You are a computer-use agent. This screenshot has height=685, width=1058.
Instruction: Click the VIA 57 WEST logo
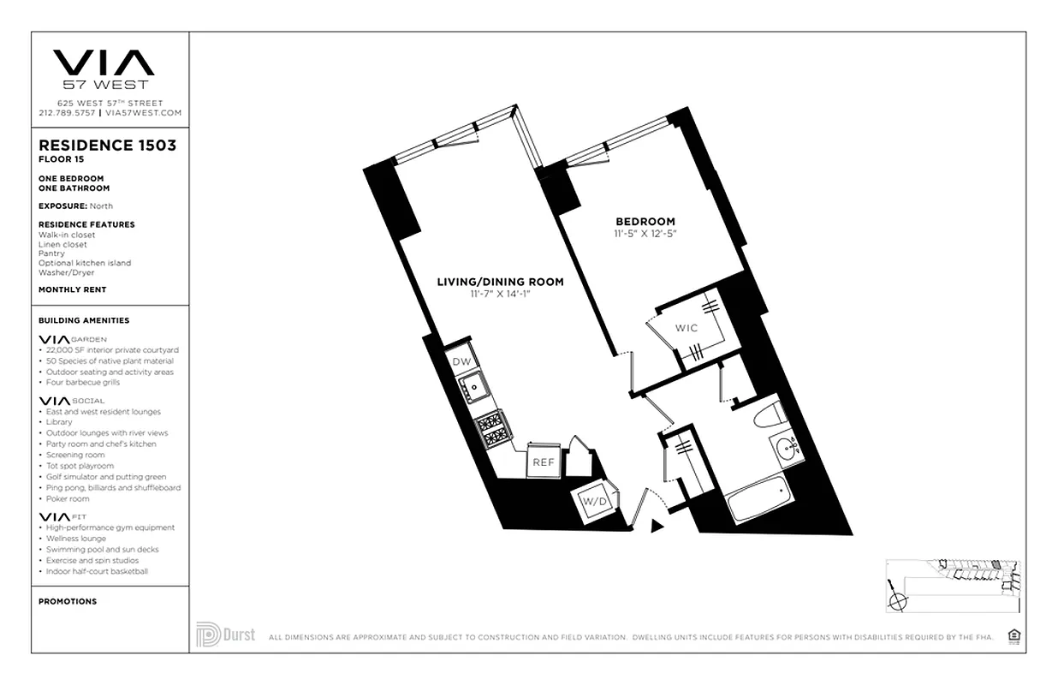(x=104, y=68)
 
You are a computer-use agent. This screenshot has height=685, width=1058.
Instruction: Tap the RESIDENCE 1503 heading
(x=107, y=146)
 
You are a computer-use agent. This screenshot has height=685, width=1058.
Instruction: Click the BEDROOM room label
(x=645, y=221)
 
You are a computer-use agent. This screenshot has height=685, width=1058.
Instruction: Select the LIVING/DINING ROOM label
(x=500, y=282)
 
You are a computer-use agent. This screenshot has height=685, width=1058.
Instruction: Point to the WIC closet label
(x=686, y=328)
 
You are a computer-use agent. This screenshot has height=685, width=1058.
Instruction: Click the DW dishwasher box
(x=462, y=362)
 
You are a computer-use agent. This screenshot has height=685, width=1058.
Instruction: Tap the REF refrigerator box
(x=544, y=462)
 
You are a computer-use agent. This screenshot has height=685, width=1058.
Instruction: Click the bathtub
(x=761, y=498)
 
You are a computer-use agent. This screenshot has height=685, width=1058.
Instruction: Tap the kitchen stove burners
(x=493, y=429)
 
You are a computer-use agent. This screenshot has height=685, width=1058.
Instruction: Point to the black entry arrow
(x=657, y=526)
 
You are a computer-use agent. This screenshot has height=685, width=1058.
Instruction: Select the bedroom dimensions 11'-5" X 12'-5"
(x=645, y=233)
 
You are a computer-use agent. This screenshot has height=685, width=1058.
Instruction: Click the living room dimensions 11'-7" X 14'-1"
(x=500, y=294)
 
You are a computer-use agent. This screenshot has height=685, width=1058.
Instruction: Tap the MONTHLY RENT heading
(x=72, y=289)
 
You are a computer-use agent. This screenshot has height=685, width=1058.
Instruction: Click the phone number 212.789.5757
(x=67, y=112)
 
